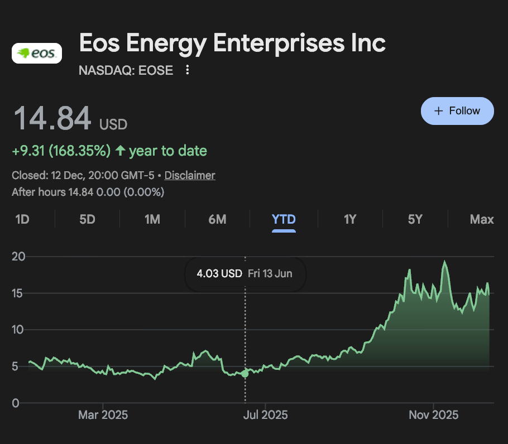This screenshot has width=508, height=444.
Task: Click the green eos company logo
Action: coord(37,54)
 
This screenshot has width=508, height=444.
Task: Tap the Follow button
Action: coord(457,110)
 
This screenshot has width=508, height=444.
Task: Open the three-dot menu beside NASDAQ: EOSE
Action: coord(188,70)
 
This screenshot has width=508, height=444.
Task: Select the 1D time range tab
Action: coord(22,220)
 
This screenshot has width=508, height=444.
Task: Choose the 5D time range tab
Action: coord(87,220)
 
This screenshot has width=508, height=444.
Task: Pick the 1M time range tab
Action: coord(152,220)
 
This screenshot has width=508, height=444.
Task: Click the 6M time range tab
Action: coord(217,220)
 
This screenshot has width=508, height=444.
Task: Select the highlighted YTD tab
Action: coord(284,220)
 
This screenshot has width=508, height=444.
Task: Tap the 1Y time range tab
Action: coord(350,220)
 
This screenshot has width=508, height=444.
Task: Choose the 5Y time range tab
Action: coord(415,220)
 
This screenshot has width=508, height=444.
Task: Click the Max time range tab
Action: coord(482,220)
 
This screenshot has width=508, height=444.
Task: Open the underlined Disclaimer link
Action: coord(190,175)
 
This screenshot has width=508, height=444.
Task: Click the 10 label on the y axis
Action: coord(20,330)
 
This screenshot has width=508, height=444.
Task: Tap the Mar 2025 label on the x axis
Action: coord(103,415)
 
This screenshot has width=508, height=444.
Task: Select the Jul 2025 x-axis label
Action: coord(266,415)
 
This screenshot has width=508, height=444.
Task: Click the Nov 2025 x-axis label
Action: coord(433,415)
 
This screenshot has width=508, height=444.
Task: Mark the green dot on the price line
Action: coord(245,373)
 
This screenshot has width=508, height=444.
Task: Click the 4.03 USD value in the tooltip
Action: coord(219,274)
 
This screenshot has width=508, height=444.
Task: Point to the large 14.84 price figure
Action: coord(52,118)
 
